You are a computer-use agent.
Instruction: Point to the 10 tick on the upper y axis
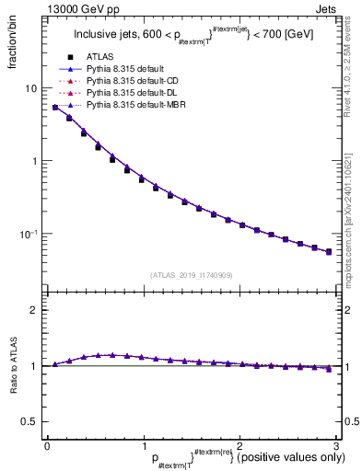click(30, 88)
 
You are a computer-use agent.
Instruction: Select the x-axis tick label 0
click(47, 446)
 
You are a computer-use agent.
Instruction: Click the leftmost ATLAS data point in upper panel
click(55, 108)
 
